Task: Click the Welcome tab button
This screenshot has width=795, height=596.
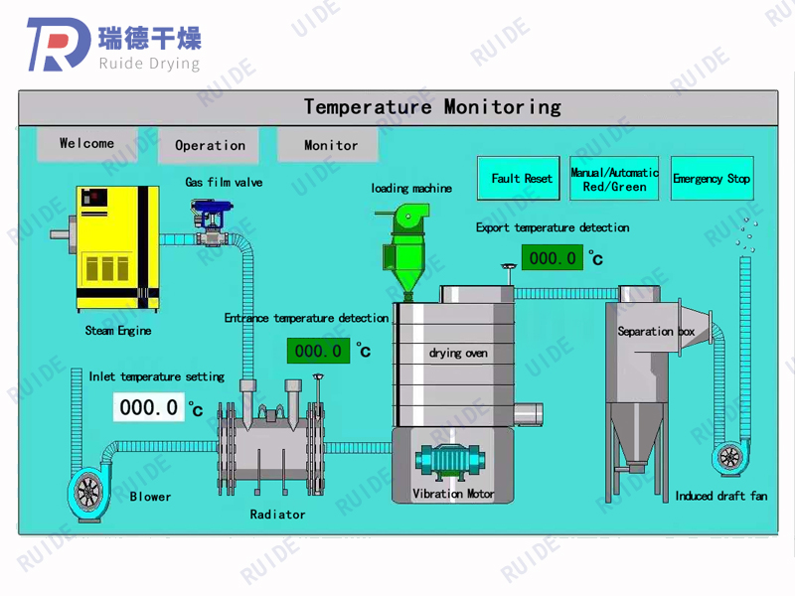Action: (x=86, y=144)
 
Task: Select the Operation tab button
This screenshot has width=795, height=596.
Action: (x=210, y=145)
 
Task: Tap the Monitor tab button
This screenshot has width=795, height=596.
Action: (x=330, y=145)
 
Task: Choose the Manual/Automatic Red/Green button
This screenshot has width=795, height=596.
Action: (x=614, y=179)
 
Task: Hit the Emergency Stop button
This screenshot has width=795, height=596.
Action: (x=711, y=179)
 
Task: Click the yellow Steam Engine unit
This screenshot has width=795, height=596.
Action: (x=118, y=245)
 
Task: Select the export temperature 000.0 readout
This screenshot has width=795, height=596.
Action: (x=552, y=258)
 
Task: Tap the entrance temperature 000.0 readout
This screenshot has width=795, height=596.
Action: (x=318, y=351)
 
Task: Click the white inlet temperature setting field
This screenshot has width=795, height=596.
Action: (x=149, y=407)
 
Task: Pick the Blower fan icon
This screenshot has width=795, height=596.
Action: (x=90, y=492)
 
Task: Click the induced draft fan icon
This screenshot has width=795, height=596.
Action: (x=730, y=457)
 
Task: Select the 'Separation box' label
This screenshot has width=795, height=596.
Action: (x=656, y=331)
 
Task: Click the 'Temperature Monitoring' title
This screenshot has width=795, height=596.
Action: (x=432, y=106)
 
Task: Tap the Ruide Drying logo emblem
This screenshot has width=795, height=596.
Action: (x=60, y=45)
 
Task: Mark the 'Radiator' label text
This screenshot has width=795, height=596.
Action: (x=277, y=515)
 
